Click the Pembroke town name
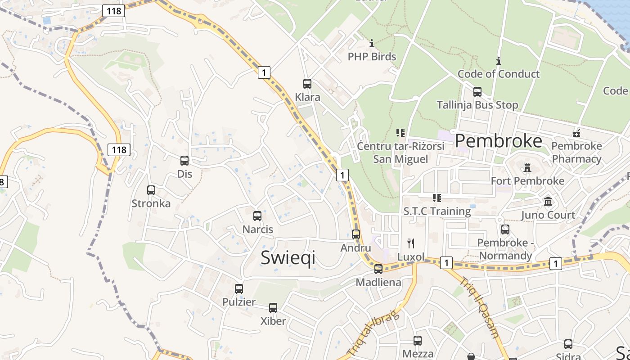click(x=499, y=141)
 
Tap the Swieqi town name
click(x=288, y=258)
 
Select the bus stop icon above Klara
click(x=307, y=84)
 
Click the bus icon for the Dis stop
click(x=184, y=161)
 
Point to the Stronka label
click(x=151, y=203)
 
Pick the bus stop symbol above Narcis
click(x=257, y=216)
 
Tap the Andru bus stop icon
click(x=356, y=234)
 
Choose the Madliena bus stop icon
click(x=378, y=269)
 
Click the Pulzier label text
click(x=239, y=302)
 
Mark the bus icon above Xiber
click(x=273, y=308)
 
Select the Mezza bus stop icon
click(x=418, y=341)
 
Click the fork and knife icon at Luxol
click(x=410, y=243)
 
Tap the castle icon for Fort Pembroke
click(x=527, y=168)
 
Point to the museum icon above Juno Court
click(x=548, y=202)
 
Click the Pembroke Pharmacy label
click(x=576, y=153)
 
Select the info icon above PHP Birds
click(x=372, y=44)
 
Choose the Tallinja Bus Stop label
click(x=477, y=105)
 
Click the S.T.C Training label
click(x=437, y=211)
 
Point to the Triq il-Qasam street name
click(x=479, y=307)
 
